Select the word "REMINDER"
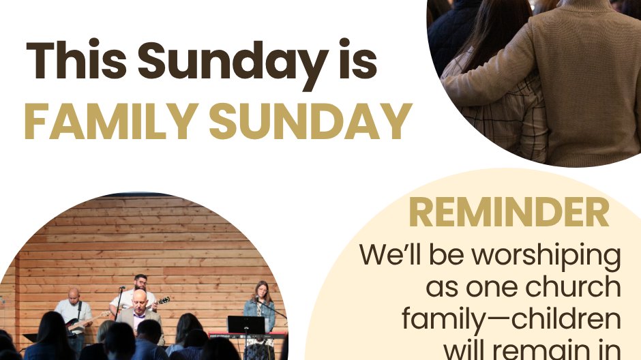click(x=509, y=212)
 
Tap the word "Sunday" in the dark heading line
click(x=233, y=63)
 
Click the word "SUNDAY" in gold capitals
click(x=310, y=121)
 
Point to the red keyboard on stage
click(x=248, y=335)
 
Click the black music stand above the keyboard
click(x=246, y=325)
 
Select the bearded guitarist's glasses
click(x=140, y=282)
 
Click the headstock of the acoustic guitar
click(x=164, y=301)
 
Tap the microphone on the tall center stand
click(x=122, y=288)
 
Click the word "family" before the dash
click(x=443, y=318)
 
